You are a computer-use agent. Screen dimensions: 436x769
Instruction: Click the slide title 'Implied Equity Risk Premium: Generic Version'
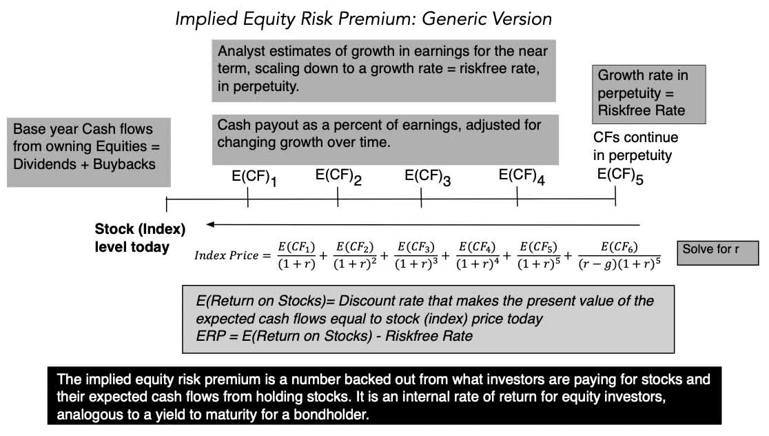pyautogui.click(x=363, y=19)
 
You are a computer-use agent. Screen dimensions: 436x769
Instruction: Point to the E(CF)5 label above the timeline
pyautogui.click(x=620, y=177)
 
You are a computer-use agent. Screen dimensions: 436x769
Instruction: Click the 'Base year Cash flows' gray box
pyautogui.click(x=89, y=153)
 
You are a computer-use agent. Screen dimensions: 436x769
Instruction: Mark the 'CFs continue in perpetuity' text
pyautogui.click(x=635, y=146)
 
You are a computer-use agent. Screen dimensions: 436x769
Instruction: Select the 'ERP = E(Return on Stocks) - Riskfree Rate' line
pyautogui.click(x=334, y=336)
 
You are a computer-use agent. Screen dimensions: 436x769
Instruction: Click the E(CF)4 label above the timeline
pyautogui.click(x=522, y=177)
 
